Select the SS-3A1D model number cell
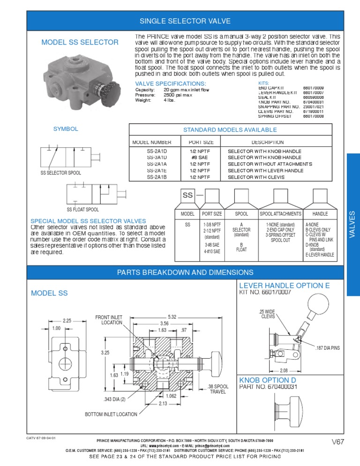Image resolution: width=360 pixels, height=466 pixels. [x=157, y=158]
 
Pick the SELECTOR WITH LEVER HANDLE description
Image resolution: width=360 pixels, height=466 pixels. [x=265, y=171]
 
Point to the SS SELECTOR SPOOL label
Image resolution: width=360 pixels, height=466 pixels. [x=61, y=173]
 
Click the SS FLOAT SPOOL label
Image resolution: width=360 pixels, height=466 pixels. [x=83, y=210]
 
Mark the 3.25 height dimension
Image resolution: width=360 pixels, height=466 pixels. [x=105, y=352]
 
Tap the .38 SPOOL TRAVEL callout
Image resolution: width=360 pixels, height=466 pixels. [x=218, y=389]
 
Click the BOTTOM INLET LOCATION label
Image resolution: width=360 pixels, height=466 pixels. [x=111, y=414]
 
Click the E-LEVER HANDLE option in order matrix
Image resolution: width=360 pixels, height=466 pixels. [x=320, y=255]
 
